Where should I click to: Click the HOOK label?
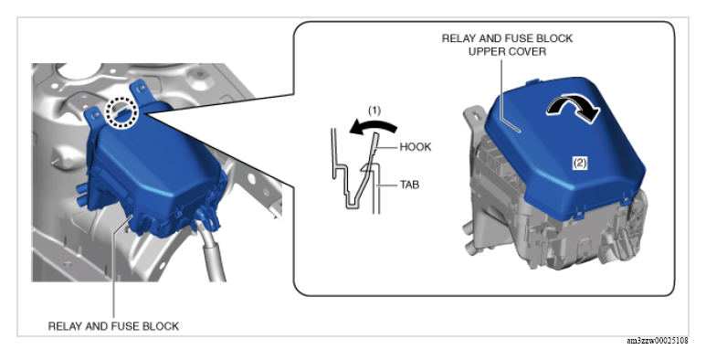[x=416, y=147]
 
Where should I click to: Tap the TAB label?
[x=409, y=185]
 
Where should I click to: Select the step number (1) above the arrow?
[x=374, y=111]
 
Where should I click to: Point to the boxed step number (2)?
[x=579, y=163]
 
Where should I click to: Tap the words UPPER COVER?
[x=507, y=51]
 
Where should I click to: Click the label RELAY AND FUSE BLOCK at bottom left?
[x=113, y=326]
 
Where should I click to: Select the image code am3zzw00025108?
[x=658, y=341]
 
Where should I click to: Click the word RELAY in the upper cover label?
[x=458, y=38]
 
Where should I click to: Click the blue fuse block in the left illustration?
[x=153, y=171]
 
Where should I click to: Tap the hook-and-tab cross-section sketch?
[x=355, y=171]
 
